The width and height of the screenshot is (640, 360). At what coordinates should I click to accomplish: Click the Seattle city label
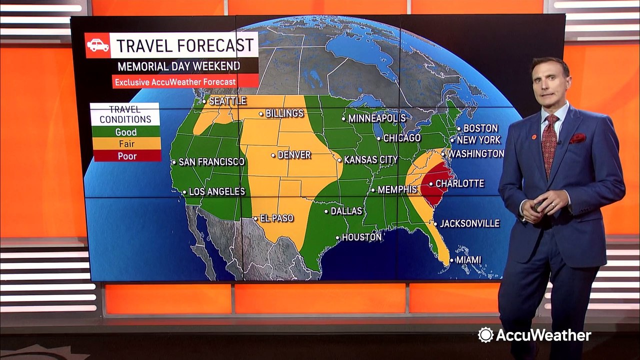227,101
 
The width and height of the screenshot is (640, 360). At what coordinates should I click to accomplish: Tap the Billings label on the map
284,113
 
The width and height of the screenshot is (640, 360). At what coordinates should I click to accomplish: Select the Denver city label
294,155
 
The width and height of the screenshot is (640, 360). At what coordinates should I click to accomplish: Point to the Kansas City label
370,160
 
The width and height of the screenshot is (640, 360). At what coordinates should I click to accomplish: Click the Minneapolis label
376,118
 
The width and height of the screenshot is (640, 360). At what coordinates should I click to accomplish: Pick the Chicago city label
402,138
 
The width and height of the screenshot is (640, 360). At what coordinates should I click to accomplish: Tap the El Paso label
276,218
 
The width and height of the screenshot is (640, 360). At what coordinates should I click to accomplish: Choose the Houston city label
361,237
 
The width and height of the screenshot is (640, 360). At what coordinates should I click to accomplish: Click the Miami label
468,260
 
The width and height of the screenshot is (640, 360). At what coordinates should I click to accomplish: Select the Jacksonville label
469,223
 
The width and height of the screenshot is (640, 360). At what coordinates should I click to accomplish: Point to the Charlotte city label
459,183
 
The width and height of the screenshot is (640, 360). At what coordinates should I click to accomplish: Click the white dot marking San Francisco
174,162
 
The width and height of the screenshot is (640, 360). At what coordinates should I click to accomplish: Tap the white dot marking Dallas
326,211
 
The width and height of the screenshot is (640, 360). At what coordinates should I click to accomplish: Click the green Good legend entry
125,132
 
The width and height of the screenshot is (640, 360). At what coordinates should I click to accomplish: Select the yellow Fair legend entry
125,144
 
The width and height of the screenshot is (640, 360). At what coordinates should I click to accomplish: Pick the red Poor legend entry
125,156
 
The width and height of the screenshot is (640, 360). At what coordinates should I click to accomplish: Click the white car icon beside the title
97,45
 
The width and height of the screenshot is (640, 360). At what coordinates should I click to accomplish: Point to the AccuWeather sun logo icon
485,335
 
